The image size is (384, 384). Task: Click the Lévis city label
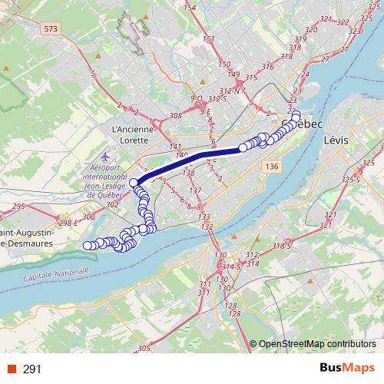(336, 141)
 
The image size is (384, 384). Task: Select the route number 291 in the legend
(32, 369)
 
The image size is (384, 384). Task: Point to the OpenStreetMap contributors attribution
(316, 345)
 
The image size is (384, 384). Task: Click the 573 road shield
(51, 28)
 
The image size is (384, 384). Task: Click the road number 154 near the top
(190, 8)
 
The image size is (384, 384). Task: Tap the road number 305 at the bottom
(144, 349)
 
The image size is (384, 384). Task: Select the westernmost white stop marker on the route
(87, 245)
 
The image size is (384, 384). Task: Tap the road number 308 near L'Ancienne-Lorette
(175, 114)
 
